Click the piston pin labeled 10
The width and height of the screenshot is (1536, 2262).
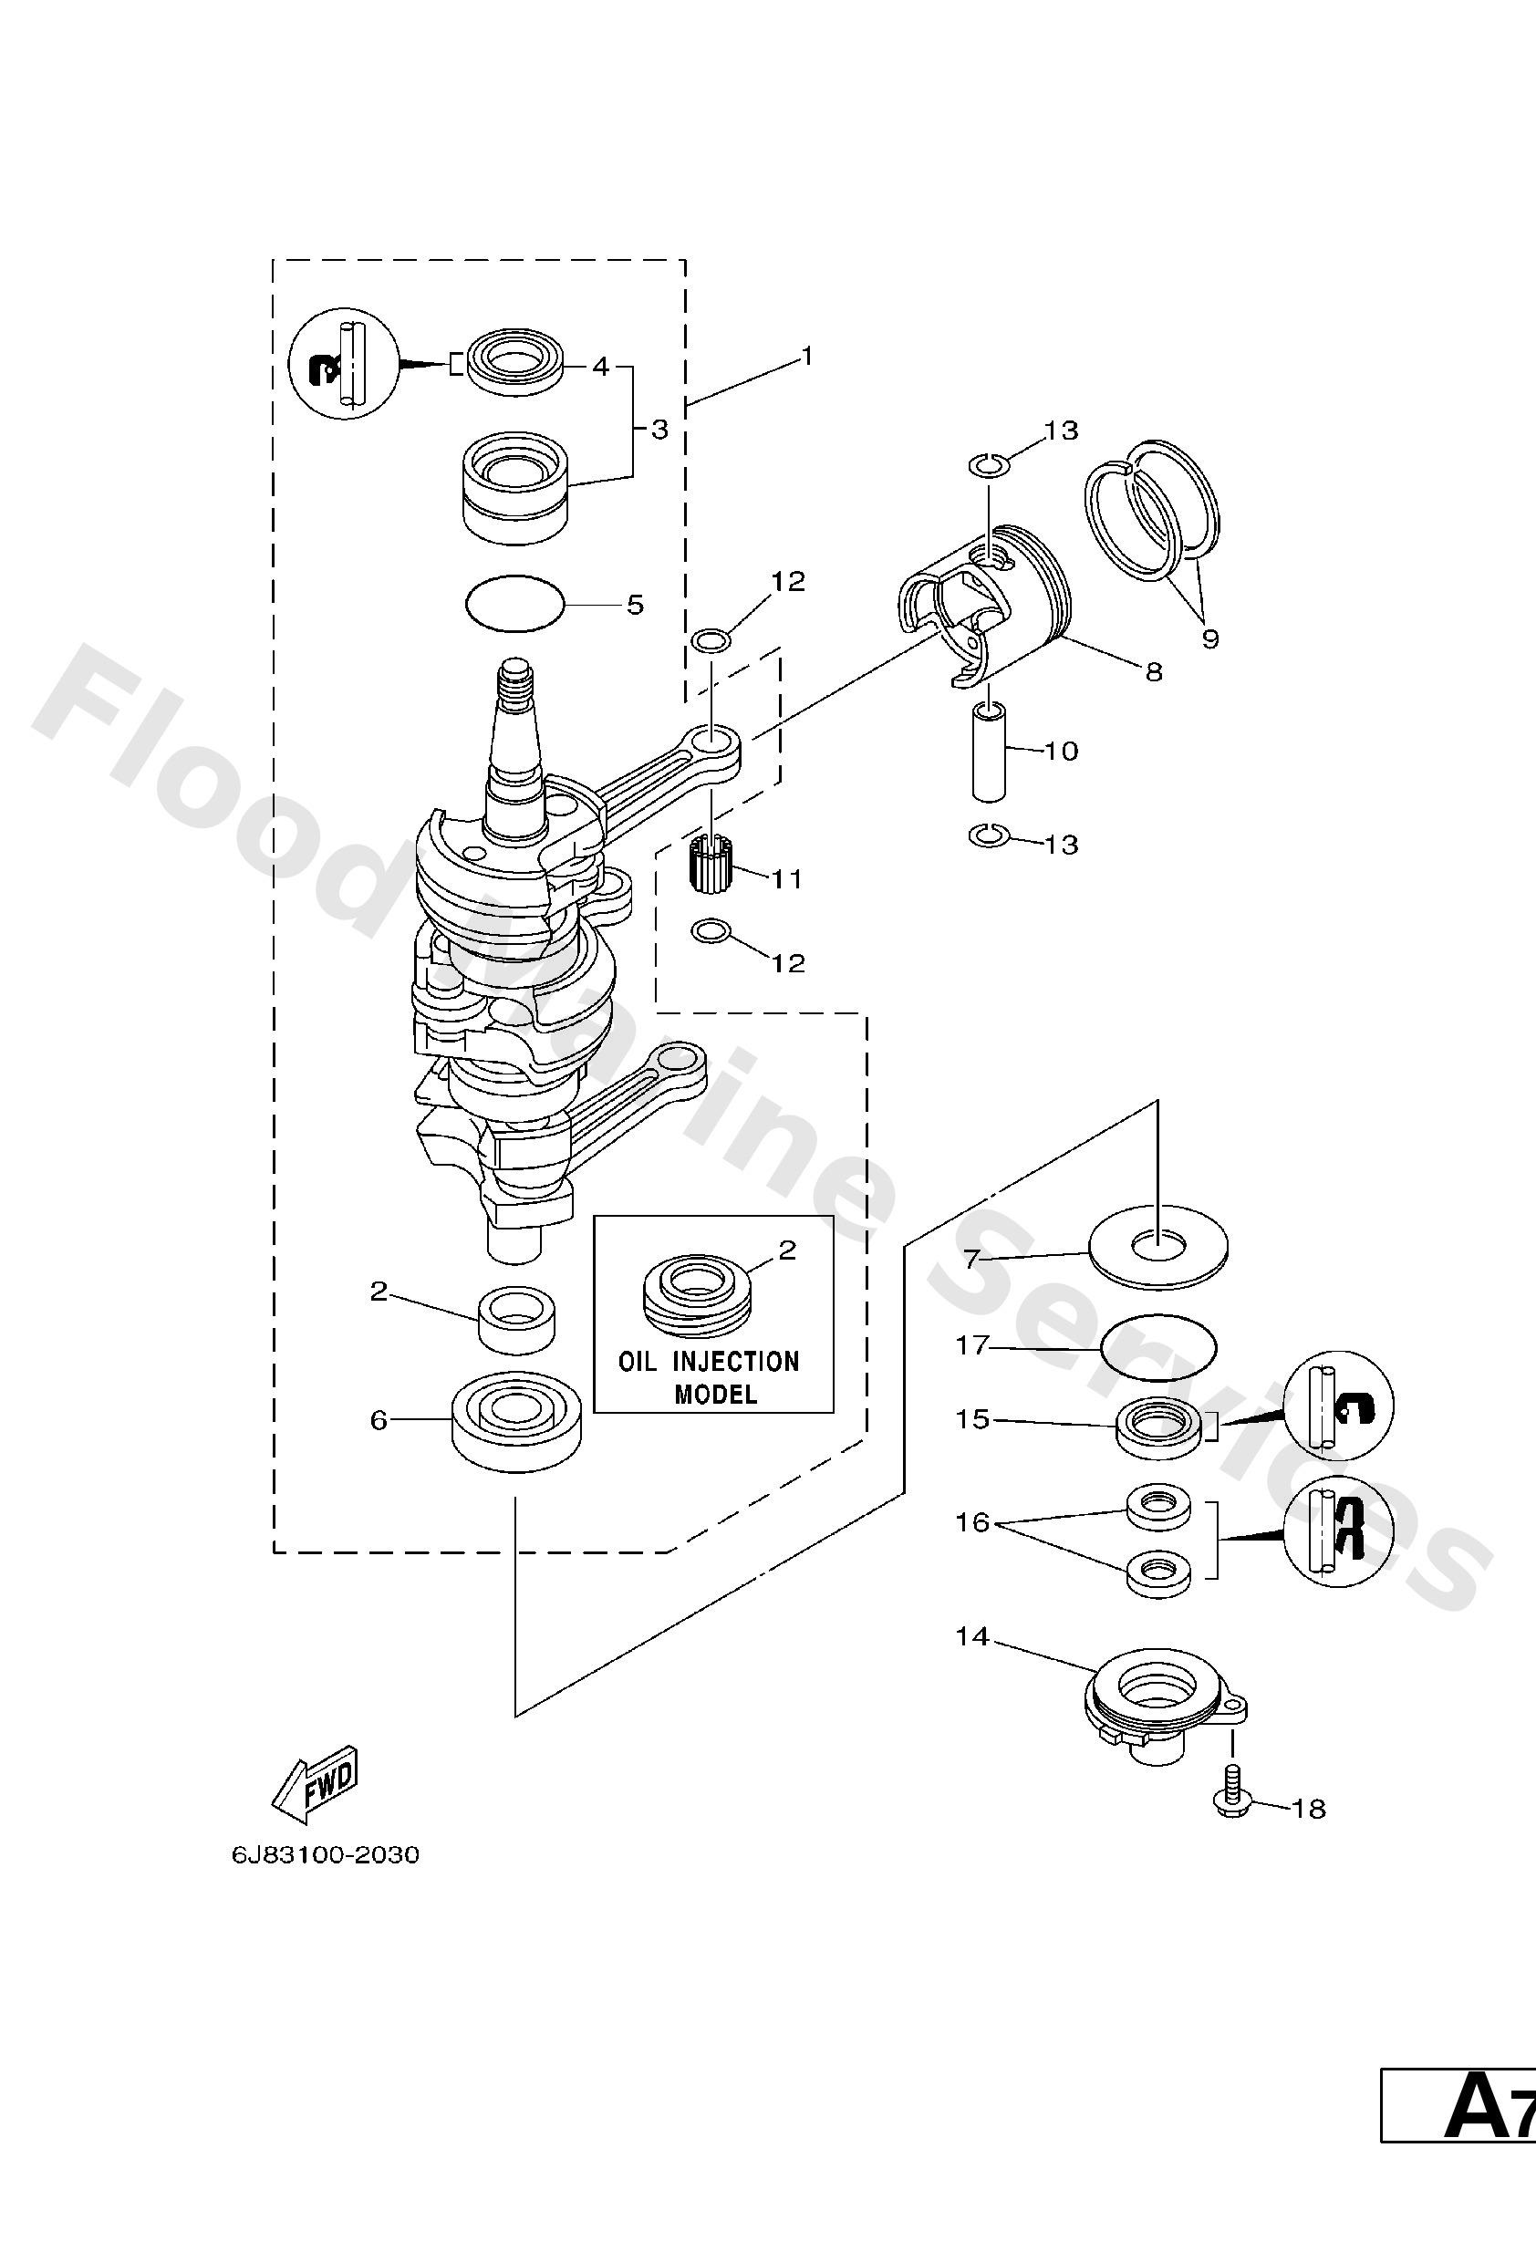[x=989, y=755]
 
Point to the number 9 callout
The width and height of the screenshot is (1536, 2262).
[x=1209, y=639]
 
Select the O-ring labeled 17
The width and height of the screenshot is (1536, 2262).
[x=1158, y=1348]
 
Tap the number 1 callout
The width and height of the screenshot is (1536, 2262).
[x=806, y=357]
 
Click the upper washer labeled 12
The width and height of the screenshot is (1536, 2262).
[x=711, y=640]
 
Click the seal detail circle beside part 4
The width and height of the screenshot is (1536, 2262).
[x=345, y=366]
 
